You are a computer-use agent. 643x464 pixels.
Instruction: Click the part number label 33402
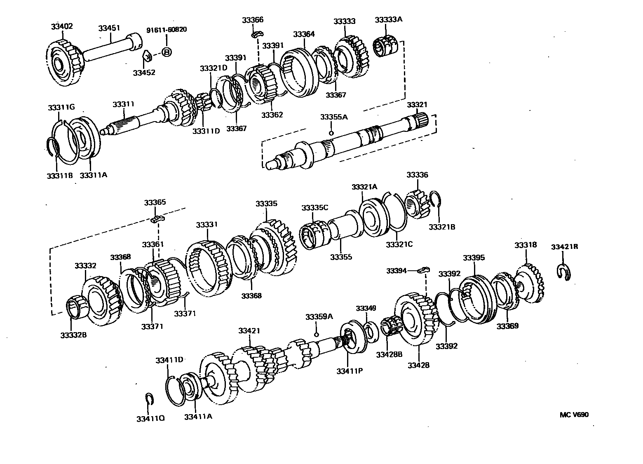[62, 26]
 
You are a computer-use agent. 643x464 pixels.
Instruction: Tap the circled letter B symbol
[166, 52]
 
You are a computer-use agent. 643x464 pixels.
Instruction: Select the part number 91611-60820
[167, 30]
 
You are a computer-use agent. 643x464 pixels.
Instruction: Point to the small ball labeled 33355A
[331, 133]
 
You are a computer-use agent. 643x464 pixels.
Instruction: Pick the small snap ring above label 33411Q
[150, 399]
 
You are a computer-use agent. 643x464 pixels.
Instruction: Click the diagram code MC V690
[574, 415]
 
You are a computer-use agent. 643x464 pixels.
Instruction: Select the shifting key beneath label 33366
[258, 34]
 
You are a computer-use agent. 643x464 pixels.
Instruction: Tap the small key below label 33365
[157, 218]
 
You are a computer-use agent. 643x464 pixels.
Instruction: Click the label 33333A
[388, 20]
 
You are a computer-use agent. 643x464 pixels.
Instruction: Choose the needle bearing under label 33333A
[386, 46]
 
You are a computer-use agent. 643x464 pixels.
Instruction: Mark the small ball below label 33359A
[317, 334]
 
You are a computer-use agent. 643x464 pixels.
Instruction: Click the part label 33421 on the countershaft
[250, 330]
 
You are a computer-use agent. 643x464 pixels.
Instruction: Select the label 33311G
[61, 108]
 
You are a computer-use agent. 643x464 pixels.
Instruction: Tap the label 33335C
[314, 207]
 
